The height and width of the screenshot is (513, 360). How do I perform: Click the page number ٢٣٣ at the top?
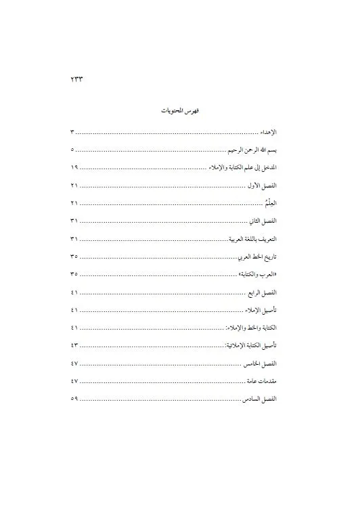(x=76, y=79)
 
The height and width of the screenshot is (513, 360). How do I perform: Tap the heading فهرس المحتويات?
(x=180, y=110)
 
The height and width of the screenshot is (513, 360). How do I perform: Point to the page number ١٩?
(x=74, y=166)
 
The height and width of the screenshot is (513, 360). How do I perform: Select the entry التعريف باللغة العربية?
(x=253, y=240)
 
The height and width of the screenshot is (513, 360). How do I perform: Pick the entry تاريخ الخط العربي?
(x=258, y=257)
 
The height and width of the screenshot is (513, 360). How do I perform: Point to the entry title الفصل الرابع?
(x=264, y=292)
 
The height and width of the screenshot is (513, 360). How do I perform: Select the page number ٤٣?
(x=74, y=346)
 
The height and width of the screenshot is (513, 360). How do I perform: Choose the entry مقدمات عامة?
(x=263, y=381)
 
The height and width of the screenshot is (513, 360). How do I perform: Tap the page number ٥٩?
(x=74, y=399)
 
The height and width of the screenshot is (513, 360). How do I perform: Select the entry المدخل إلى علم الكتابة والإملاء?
(x=242, y=166)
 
